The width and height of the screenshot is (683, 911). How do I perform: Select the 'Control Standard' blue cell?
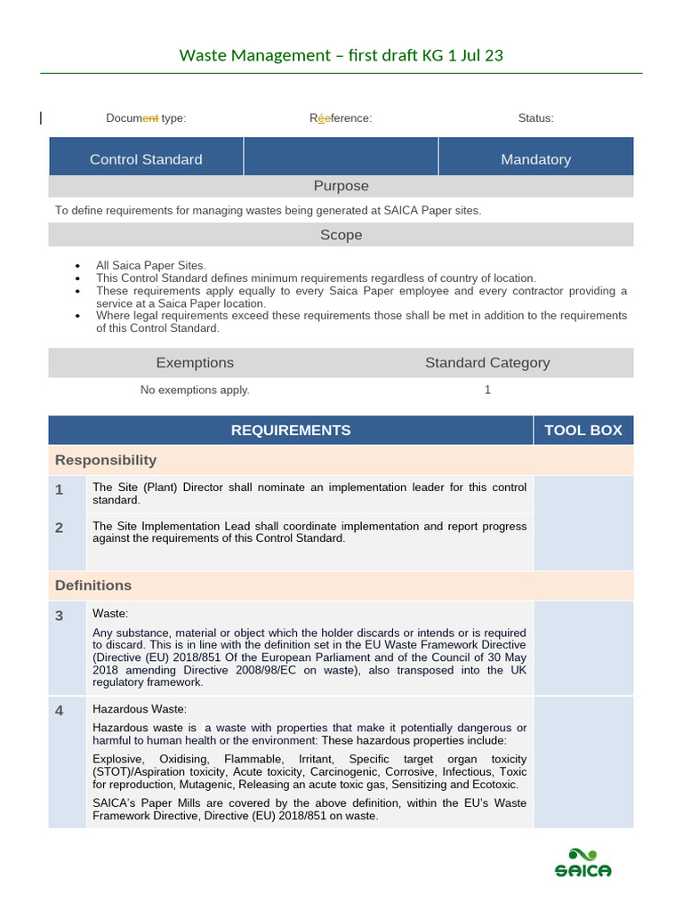(146, 159)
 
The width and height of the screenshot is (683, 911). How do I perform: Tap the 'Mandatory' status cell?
(535, 159)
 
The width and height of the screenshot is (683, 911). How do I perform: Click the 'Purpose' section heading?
(341, 186)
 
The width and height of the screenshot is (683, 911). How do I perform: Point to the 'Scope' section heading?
(341, 235)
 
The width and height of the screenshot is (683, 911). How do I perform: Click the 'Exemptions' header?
(195, 362)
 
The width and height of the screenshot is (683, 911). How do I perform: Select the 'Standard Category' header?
(486, 362)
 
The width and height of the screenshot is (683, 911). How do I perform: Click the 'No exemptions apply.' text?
(195, 390)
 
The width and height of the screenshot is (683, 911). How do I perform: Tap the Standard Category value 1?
(487, 390)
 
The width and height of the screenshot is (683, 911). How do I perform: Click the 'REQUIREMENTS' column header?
(291, 430)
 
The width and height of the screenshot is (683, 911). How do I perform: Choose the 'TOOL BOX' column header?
(583, 430)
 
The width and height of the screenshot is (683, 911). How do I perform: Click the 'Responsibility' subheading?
(106, 460)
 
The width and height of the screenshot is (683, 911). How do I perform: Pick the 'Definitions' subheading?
(93, 585)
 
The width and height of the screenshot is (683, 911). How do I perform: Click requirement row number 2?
(59, 528)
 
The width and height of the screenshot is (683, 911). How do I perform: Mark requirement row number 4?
(59, 711)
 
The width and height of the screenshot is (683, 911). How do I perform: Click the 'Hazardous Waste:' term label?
(140, 709)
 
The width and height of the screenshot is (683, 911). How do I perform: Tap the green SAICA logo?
(583, 863)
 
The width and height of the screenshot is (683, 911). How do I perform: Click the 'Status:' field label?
(535, 118)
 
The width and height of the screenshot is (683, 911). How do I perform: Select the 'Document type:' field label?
(146, 118)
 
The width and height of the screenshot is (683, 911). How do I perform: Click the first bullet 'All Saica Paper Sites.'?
(151, 265)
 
